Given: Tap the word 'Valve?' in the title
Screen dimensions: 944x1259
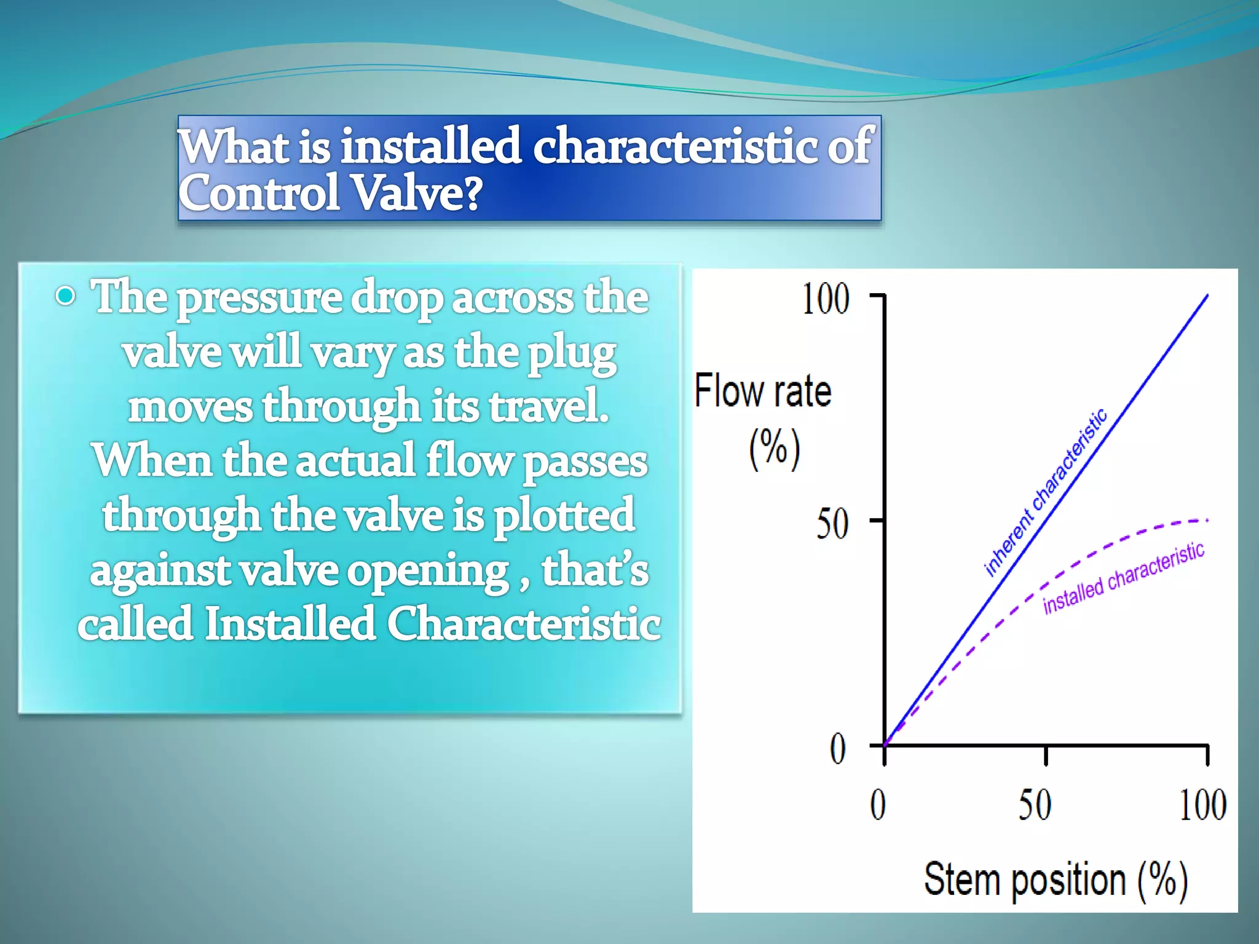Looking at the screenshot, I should coord(418,193).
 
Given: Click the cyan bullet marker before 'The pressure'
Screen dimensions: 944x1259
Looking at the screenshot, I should coord(65,297).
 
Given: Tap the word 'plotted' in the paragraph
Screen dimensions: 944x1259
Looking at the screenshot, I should coord(564,516).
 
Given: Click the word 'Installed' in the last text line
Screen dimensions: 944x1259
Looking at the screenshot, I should coord(289,624).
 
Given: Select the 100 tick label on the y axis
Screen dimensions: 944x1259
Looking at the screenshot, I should coord(826,299).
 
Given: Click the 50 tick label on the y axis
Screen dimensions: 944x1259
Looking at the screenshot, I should coord(832,524).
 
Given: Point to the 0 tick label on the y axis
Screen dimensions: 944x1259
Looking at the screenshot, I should coord(838,749).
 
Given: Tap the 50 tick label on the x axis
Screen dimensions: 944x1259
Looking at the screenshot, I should coord(1035,804).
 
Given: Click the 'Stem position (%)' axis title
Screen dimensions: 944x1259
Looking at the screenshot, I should coord(1055,881).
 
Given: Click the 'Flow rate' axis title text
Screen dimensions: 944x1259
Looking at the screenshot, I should coord(763,391).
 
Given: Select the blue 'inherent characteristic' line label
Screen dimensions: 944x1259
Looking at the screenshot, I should coord(1046,492).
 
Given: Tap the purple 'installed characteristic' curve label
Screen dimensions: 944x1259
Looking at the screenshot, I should coord(1124,578).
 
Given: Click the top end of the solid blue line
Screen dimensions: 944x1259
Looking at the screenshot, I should coord(1207,296).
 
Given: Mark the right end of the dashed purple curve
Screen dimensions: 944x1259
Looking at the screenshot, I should coord(1207,521).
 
